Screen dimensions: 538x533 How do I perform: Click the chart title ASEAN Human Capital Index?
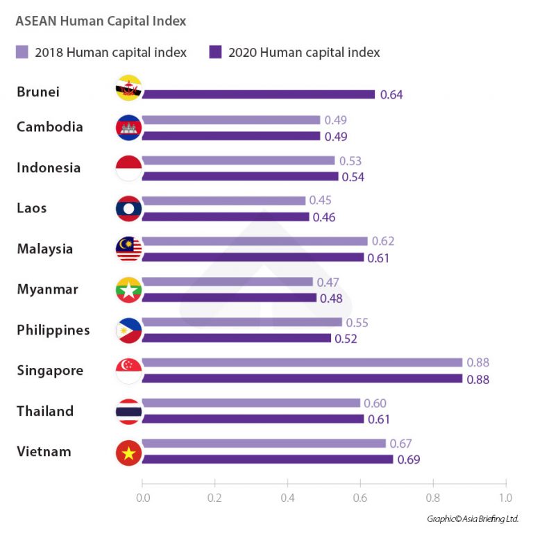pos(101,21)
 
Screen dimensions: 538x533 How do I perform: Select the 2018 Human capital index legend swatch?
pos(22,52)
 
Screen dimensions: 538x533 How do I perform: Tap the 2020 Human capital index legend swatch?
pos(215,52)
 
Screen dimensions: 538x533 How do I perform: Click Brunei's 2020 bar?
pos(258,94)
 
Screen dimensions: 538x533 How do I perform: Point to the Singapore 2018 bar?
pos(302,362)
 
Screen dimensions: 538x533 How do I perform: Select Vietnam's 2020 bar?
pos(267,459)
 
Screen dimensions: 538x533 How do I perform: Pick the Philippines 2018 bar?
pos(242,322)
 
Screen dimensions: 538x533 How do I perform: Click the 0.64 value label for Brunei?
pos(391,95)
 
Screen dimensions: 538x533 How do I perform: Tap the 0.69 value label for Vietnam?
pos(409,460)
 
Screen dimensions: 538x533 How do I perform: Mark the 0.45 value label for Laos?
pos(320,201)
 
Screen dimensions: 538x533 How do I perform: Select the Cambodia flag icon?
pos(129,127)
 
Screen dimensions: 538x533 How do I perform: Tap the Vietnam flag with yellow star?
pos(129,452)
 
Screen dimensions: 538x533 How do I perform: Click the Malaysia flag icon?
pos(129,249)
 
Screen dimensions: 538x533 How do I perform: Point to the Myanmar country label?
pos(48,289)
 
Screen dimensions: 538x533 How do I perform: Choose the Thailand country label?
pos(45,411)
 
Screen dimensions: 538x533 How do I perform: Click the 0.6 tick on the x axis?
pos(360,497)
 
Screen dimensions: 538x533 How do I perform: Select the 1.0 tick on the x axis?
pos(505,497)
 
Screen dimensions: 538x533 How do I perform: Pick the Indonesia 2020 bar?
pos(240,176)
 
